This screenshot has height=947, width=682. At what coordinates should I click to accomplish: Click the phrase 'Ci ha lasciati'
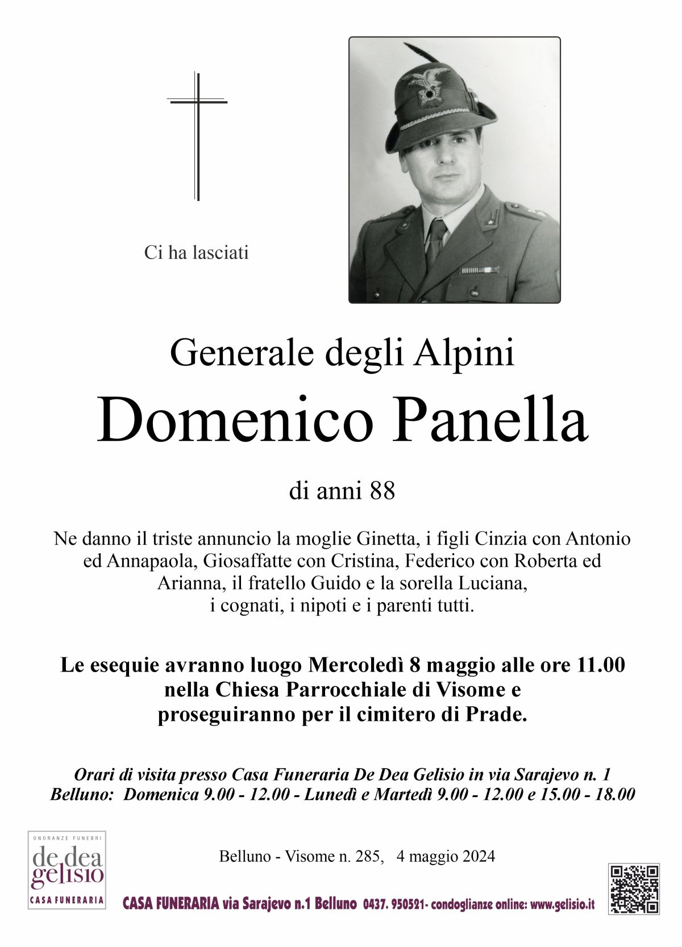pos(197,253)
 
